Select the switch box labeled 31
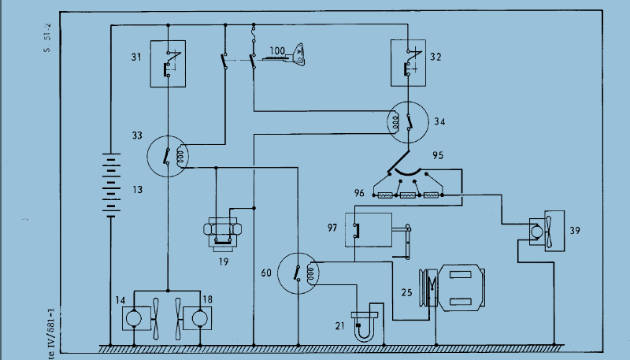pyautogui.click(x=168, y=63)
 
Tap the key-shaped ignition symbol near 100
pyautogui.click(x=298, y=54)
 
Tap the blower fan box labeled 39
pyautogui.click(x=542, y=231)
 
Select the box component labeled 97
pyautogui.click(x=369, y=230)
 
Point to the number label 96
pyautogui.click(x=359, y=192)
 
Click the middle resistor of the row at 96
pyautogui.click(x=408, y=194)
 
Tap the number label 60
pyautogui.click(x=266, y=273)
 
